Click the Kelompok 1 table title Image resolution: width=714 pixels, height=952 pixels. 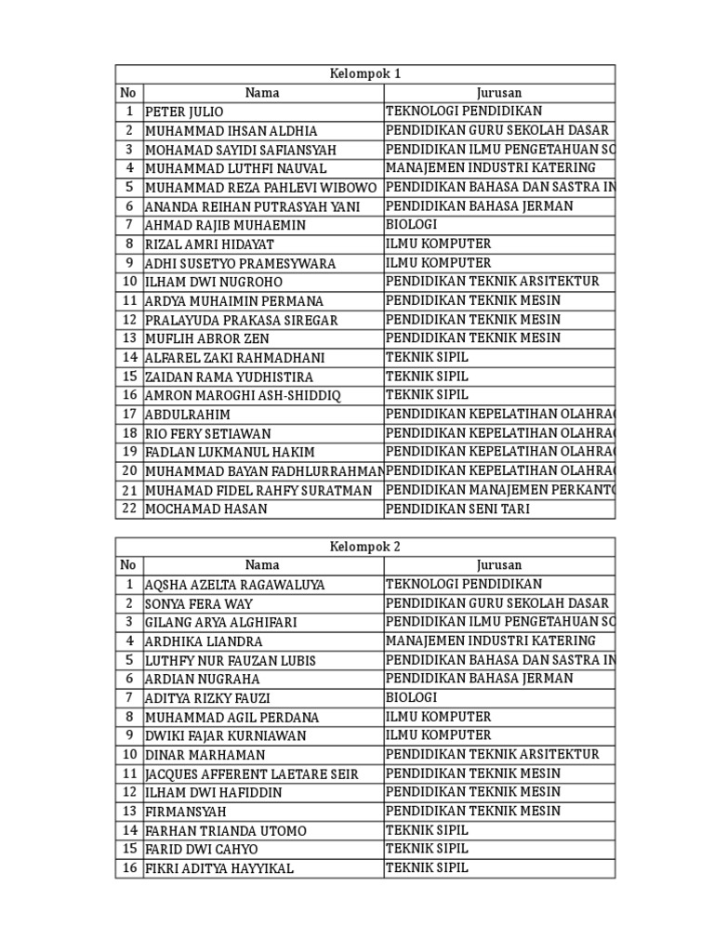[x=365, y=73]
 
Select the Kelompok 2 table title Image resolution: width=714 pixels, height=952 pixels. [x=365, y=546]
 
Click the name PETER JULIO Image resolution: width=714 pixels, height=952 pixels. [x=184, y=112]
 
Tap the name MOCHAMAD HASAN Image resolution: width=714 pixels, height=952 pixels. [x=206, y=509]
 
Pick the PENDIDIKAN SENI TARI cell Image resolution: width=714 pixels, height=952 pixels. [x=459, y=509]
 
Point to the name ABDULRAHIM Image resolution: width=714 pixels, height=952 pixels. [x=188, y=414]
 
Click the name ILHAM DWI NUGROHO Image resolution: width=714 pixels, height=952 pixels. [x=214, y=282]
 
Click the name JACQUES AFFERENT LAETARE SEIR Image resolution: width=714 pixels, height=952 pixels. [x=251, y=773]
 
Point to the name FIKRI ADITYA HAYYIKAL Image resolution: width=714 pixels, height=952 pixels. [x=219, y=868]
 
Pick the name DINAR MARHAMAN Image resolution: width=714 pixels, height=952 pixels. [x=205, y=755]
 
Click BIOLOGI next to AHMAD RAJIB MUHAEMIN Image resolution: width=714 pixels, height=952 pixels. [x=411, y=225]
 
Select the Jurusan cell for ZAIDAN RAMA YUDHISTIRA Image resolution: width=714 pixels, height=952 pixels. [x=427, y=377]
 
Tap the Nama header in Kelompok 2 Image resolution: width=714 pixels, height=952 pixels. [x=262, y=565]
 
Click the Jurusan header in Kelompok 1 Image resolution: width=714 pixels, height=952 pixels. [x=499, y=93]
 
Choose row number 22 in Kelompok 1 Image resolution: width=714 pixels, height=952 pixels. [x=129, y=509]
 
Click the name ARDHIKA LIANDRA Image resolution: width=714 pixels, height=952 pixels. [x=204, y=641]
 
